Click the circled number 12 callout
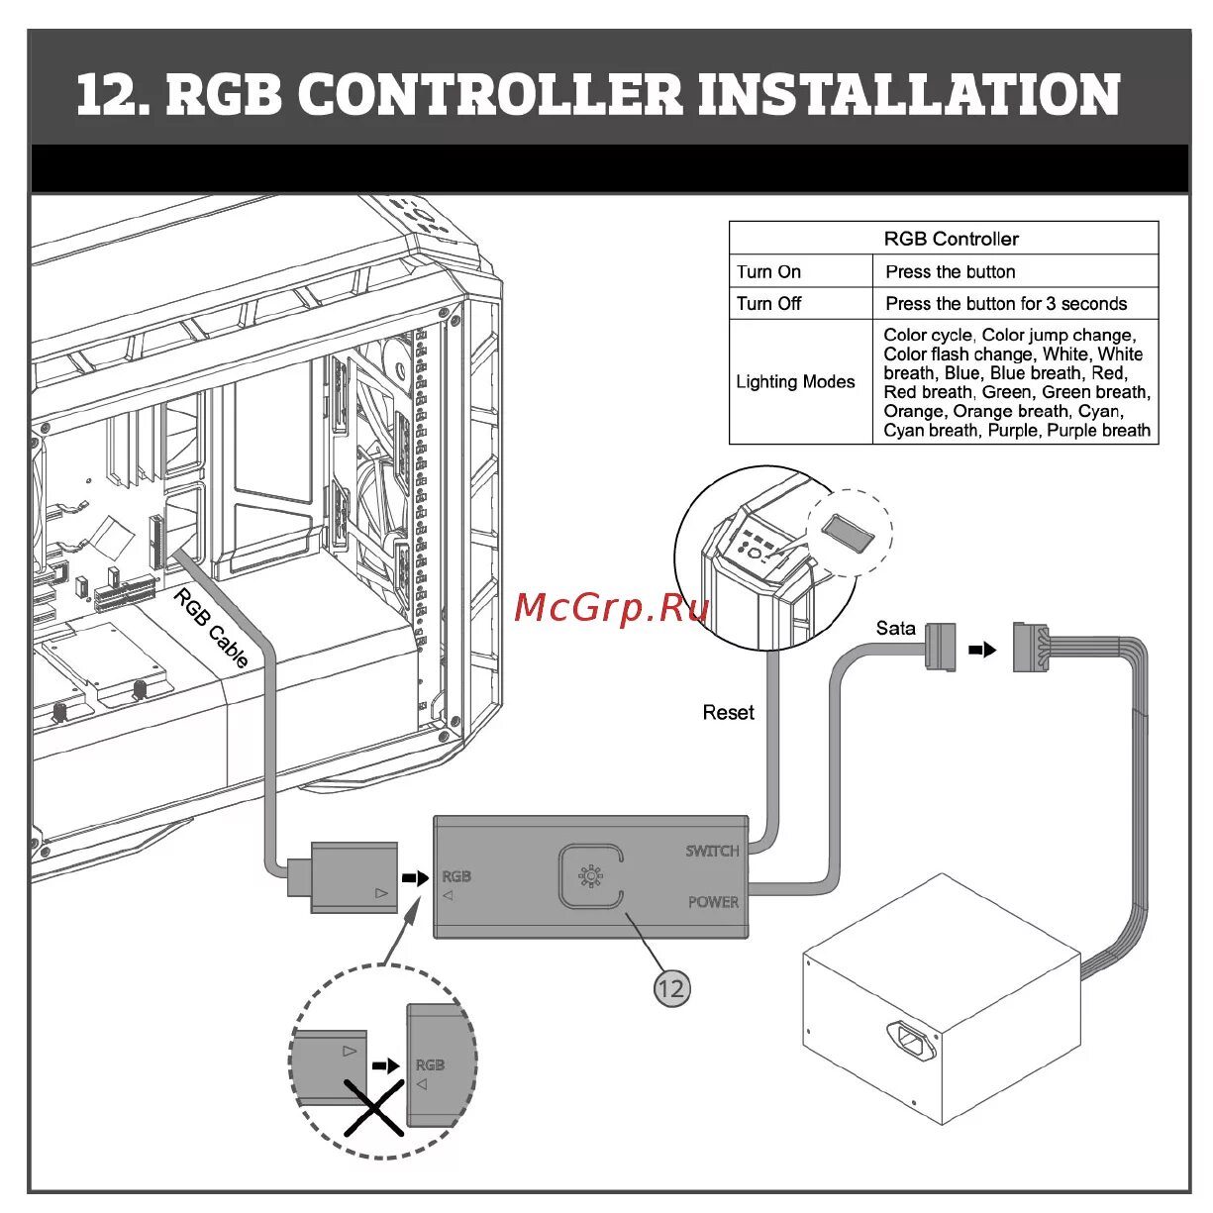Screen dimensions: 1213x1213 pyautogui.click(x=671, y=987)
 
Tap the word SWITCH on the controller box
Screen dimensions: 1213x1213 pyautogui.click(x=712, y=851)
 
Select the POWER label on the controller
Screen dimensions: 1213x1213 pyautogui.click(x=713, y=902)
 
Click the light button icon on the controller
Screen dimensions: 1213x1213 pyautogui.click(x=590, y=876)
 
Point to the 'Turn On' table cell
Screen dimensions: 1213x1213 pyautogui.click(x=769, y=271)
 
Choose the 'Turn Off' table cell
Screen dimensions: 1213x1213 pyautogui.click(x=769, y=303)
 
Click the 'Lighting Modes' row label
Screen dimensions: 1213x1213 pyautogui.click(x=795, y=381)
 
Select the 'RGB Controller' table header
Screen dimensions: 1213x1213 pyautogui.click(x=951, y=239)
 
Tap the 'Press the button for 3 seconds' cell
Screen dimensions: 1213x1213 pyautogui.click(x=1006, y=303)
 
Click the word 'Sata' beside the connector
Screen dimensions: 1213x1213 pyautogui.click(x=895, y=628)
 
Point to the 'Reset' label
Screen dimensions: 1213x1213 pyautogui.click(x=728, y=712)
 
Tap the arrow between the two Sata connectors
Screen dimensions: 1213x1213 pyautogui.click(x=982, y=650)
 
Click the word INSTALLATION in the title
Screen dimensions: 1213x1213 pyautogui.click(x=910, y=95)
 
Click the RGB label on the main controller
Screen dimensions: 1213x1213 pyautogui.click(x=456, y=876)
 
